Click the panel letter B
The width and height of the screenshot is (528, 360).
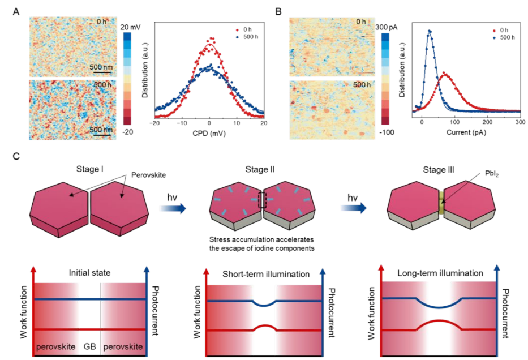click(x=278, y=10)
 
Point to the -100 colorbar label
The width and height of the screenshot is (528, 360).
click(x=400, y=134)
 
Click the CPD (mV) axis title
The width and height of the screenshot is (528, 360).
click(x=209, y=136)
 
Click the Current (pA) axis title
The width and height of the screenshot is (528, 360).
click(x=467, y=136)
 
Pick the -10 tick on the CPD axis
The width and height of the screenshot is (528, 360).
click(x=181, y=126)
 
